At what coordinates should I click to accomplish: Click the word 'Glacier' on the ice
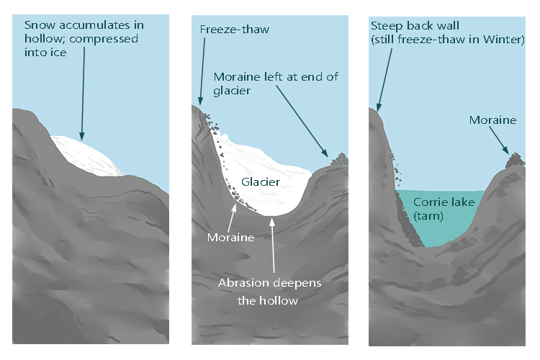(261, 182)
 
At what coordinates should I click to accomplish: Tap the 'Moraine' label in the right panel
(492, 120)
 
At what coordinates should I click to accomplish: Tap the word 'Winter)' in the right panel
(505, 39)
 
